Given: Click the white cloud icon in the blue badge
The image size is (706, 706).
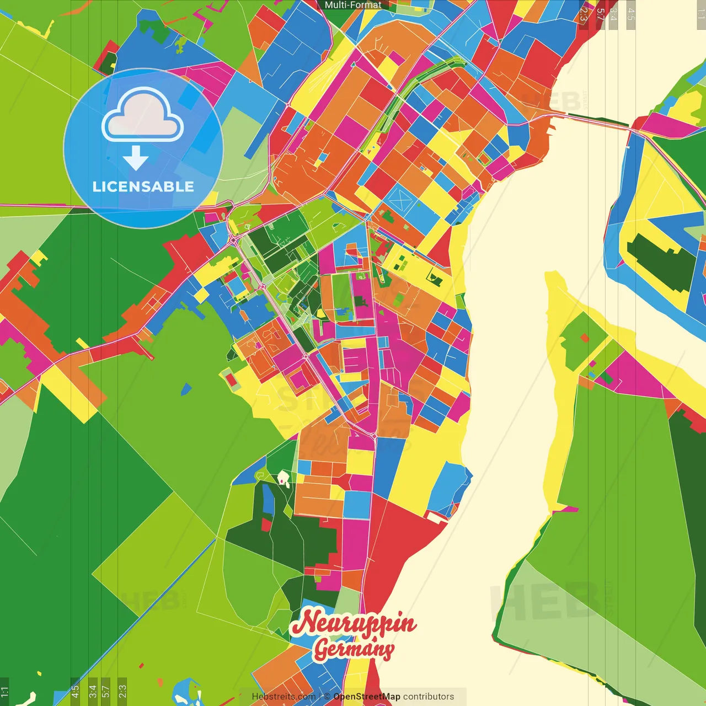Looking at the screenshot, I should click(143, 115).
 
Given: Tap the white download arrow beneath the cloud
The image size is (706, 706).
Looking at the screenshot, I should click(136, 158).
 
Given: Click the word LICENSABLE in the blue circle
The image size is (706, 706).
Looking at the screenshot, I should click(143, 186).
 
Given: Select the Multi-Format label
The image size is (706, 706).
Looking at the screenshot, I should click(353, 5).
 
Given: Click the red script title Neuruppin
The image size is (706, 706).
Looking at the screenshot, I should click(354, 624).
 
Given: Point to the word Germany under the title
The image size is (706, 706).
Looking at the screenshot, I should click(354, 649).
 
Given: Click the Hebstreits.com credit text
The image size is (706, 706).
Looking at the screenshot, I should click(284, 697).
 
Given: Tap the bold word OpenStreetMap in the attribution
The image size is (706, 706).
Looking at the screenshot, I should click(366, 697).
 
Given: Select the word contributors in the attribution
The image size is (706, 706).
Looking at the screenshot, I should click(429, 697).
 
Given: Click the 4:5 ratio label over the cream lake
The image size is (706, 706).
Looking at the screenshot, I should click(630, 14).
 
